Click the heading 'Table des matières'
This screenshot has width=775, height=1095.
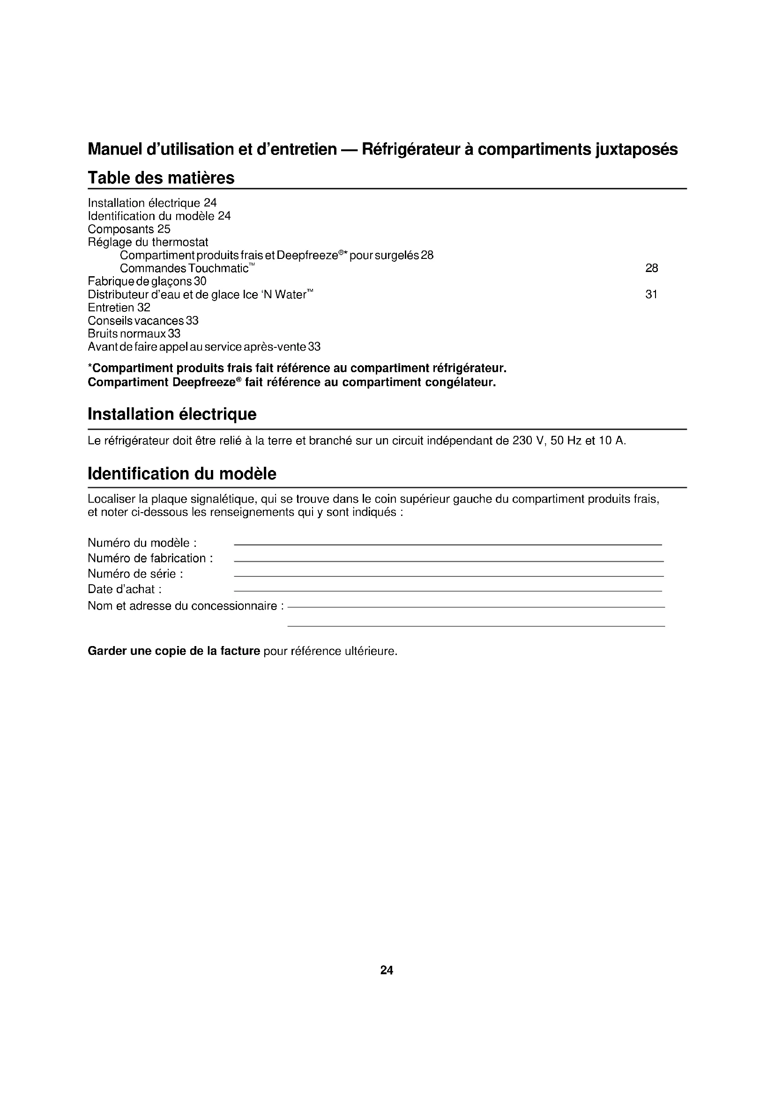coord(161,178)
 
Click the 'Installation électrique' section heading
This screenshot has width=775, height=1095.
coord(172,414)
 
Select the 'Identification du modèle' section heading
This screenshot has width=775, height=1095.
coord(182,474)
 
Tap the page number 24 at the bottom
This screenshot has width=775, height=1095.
coord(387,970)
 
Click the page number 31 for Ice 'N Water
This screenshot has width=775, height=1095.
coord(651,295)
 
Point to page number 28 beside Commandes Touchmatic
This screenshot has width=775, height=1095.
coord(651,269)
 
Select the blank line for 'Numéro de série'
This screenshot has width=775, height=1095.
coord(448,576)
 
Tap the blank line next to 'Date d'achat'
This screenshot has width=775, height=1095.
coord(447,590)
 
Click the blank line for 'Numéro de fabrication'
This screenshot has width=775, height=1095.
coord(448,560)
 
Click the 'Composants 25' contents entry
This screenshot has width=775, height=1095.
coord(129,229)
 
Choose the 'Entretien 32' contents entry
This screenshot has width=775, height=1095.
coord(119,308)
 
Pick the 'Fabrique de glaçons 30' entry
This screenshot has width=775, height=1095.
coord(147,281)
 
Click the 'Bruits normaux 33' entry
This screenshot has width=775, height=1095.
coord(134,334)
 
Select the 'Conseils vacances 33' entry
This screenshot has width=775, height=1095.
coord(143,321)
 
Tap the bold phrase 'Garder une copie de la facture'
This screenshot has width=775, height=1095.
coord(174,651)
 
